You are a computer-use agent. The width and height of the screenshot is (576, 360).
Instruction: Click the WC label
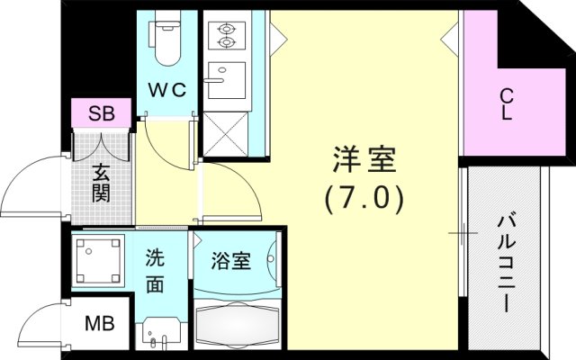click(x=166, y=89)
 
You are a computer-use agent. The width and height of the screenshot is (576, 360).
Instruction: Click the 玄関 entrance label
click(x=100, y=180)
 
